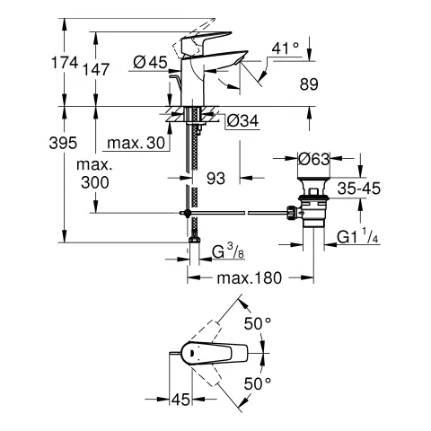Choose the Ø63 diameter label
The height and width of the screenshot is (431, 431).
(x=313, y=159)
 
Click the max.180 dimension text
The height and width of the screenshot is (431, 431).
(x=250, y=279)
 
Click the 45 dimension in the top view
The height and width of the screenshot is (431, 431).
(x=180, y=400)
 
